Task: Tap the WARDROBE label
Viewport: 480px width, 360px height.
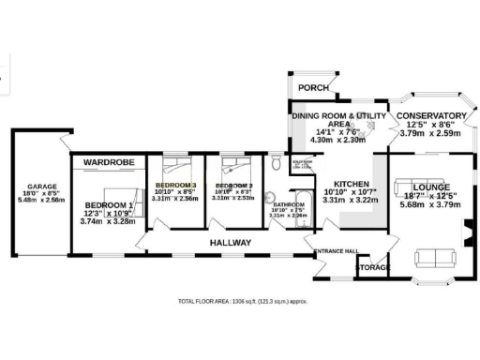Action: (109, 163)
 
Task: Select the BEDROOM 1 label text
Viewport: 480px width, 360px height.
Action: (109, 204)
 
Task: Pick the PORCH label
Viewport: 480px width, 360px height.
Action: (313, 88)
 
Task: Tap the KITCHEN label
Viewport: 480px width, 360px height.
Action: (348, 184)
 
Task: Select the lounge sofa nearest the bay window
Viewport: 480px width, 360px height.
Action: (432, 259)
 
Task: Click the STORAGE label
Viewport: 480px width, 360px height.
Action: (372, 269)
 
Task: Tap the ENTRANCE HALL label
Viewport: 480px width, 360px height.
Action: (337, 251)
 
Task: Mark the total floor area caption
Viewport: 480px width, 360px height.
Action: (242, 301)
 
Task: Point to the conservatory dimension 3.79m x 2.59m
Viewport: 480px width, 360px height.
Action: (425, 133)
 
